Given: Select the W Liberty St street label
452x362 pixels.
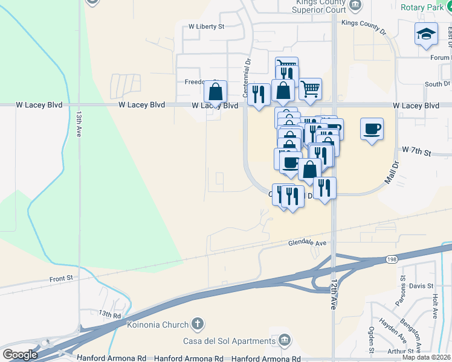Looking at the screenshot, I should click(206, 27).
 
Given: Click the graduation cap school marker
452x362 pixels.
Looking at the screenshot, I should click(426, 34).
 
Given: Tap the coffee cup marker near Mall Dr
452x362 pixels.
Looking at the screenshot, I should click(372, 129).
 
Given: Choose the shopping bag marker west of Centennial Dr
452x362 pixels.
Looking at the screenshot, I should click(215, 92).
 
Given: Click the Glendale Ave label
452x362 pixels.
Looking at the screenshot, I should click(307, 243).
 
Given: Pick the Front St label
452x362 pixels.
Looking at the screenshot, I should click(61, 278).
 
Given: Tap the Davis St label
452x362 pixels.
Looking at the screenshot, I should click(421, 285).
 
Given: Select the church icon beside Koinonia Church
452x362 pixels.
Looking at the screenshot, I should click(197, 324).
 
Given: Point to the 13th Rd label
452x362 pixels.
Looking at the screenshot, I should click(111, 314).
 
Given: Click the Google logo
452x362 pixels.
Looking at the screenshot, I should click(20, 355).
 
